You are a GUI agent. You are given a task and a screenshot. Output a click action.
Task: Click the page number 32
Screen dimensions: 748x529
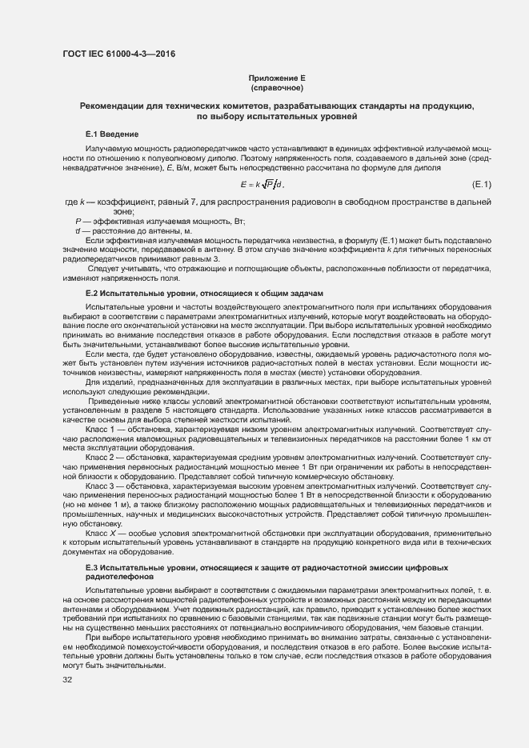coord(67,680)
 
